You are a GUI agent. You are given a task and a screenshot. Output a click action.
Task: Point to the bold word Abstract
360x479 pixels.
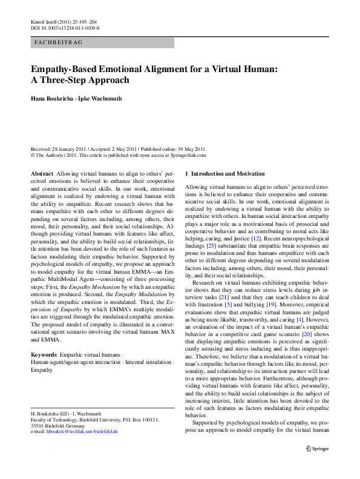coord(42,173)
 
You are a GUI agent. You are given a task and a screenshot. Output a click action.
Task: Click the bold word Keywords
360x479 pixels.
coord(44,354)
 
